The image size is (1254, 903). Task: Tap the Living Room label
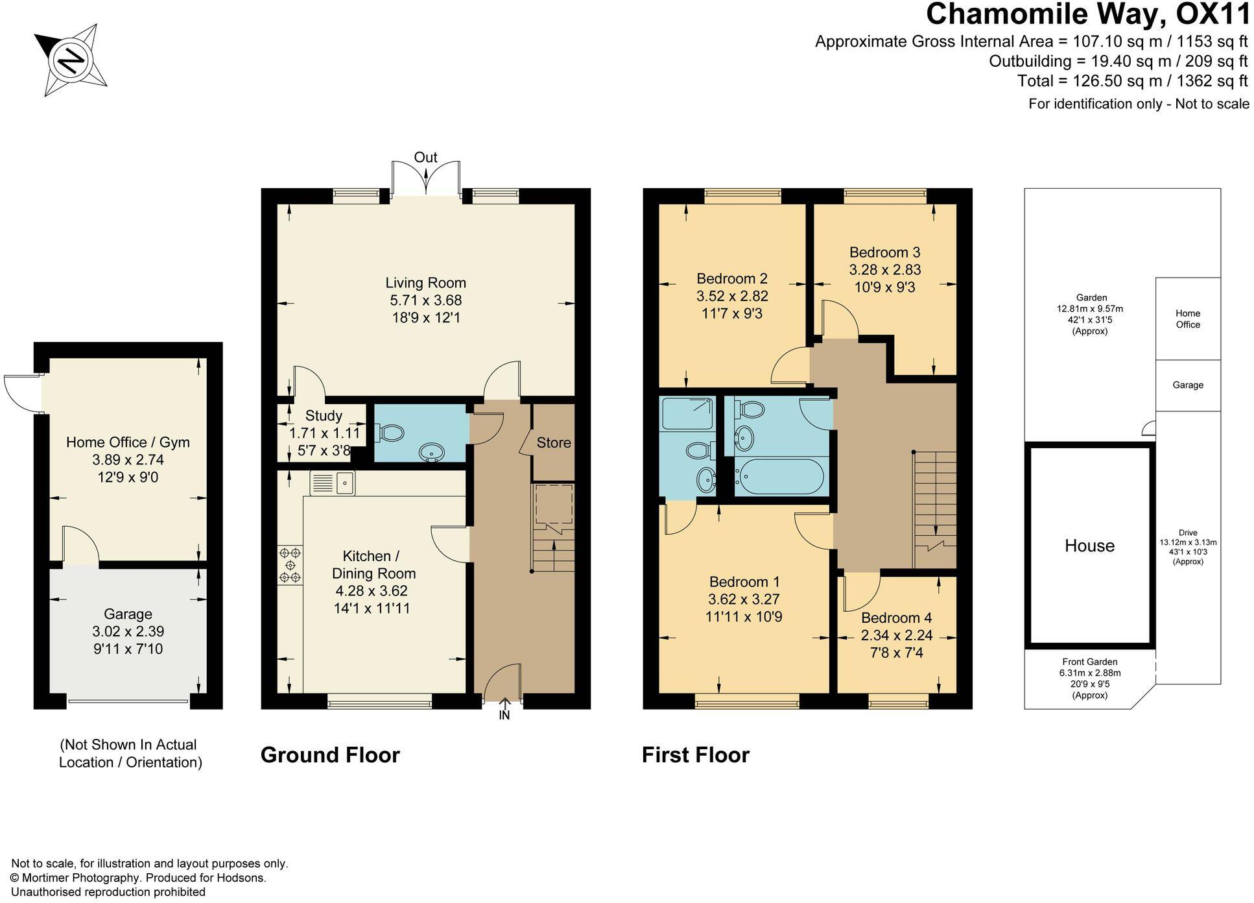tap(425, 283)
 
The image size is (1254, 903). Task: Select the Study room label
tap(323, 416)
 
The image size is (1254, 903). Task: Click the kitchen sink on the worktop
tap(333, 483)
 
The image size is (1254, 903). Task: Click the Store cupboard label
tap(553, 442)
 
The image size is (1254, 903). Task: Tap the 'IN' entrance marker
tap(504, 716)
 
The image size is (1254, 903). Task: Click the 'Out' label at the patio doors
tap(425, 158)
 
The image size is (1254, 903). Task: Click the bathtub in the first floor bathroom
tap(779, 477)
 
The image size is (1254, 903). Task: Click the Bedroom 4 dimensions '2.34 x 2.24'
tap(896, 635)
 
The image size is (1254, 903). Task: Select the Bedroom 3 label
tap(884, 252)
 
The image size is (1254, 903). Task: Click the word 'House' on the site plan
tap(1089, 546)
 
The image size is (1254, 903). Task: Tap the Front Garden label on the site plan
tap(1089, 662)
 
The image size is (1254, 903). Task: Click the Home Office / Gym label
tap(128, 442)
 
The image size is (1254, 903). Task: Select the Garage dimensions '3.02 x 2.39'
tap(128, 631)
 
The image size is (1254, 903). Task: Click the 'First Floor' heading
tap(695, 755)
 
